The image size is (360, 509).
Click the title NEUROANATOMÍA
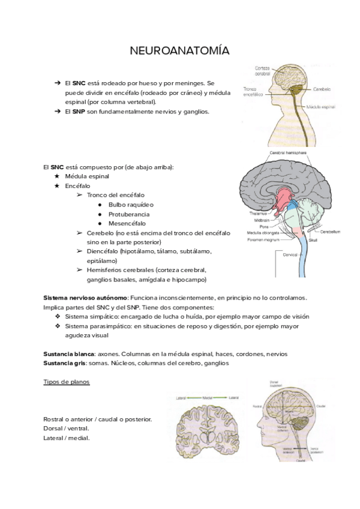tap(179, 52)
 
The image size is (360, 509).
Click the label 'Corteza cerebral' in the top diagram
tap(262, 70)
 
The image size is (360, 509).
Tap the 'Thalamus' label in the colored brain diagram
tap(251, 213)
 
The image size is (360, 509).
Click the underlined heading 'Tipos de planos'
tap(67, 382)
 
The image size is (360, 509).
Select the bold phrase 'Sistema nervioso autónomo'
tap(85, 298)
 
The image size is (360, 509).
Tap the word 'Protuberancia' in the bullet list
tap(129, 214)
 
